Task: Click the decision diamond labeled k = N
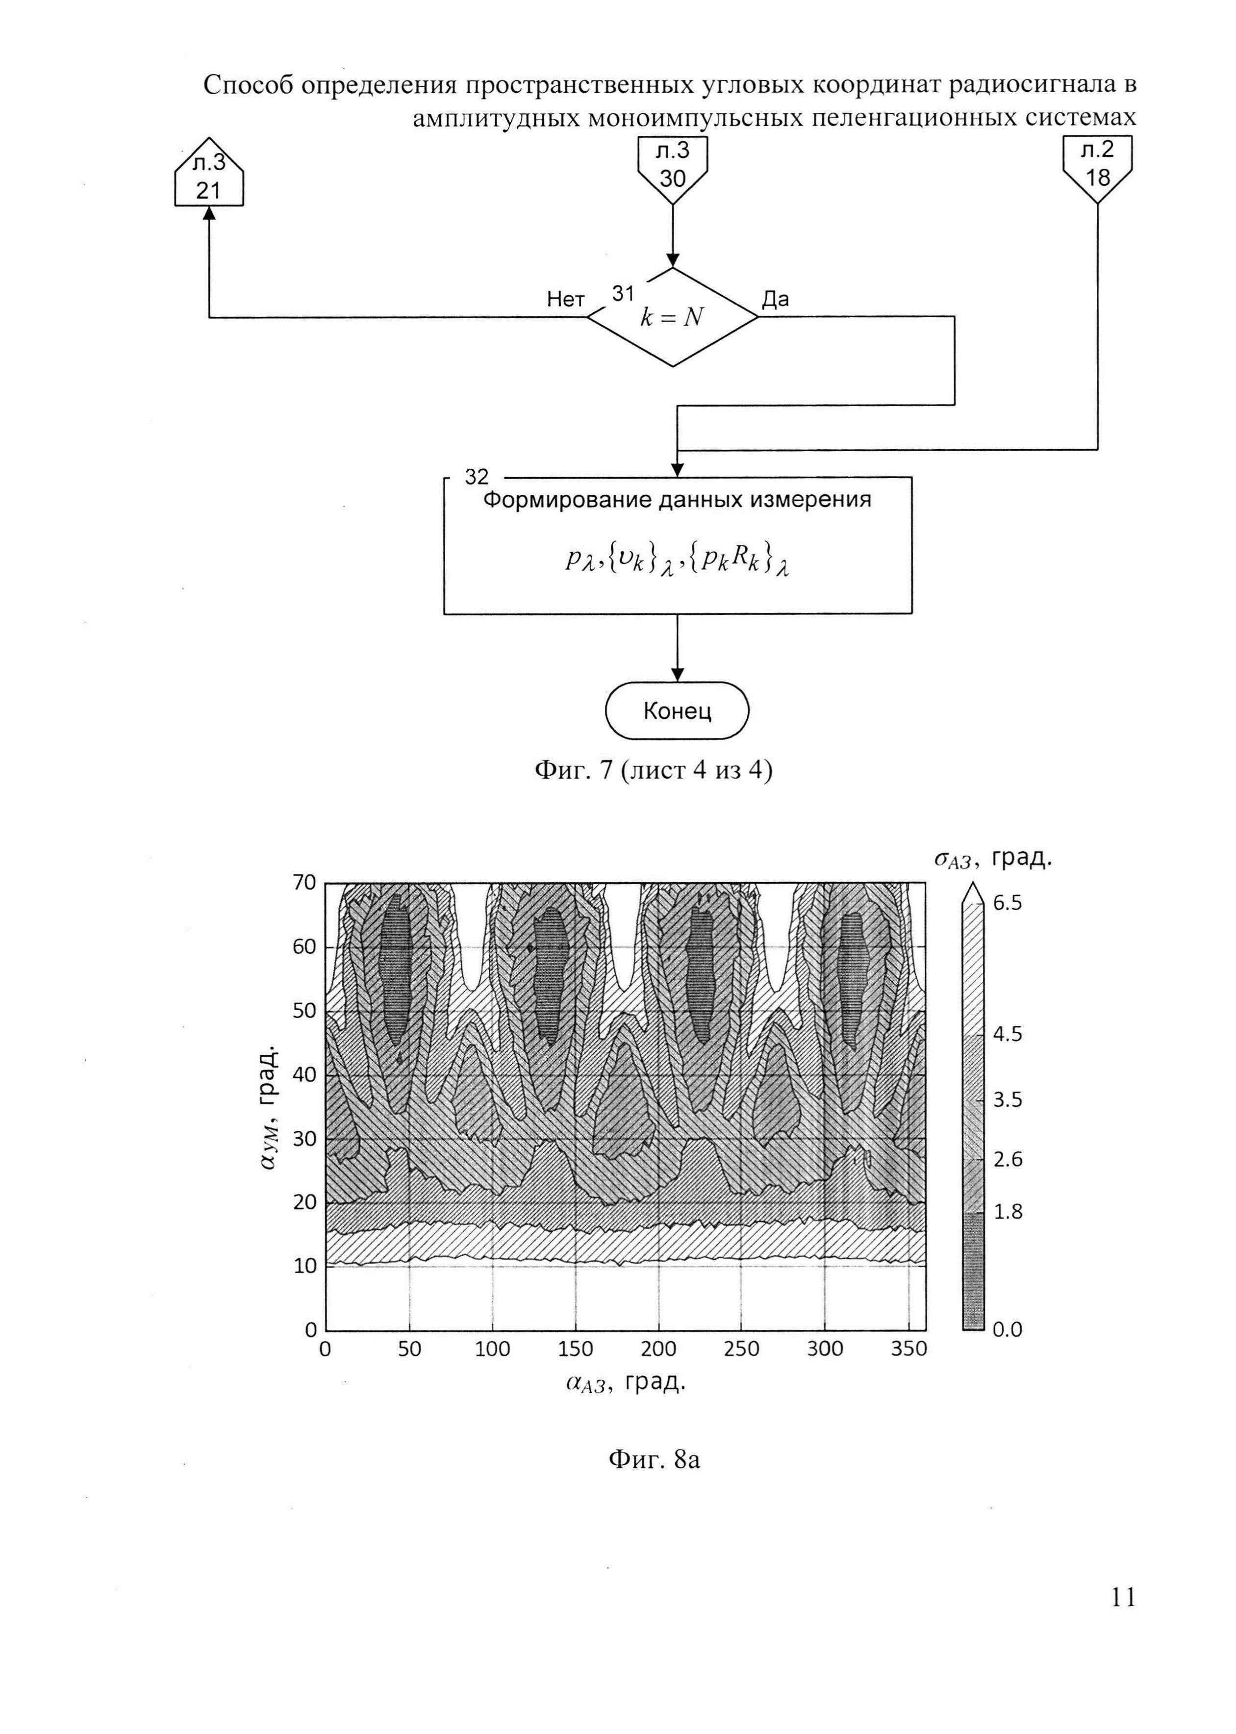click(x=672, y=317)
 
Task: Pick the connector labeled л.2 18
click(x=1097, y=166)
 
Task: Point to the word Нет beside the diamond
click(x=565, y=300)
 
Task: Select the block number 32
click(x=477, y=477)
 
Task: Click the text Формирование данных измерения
click(x=678, y=500)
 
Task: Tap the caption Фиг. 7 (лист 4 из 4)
click(x=653, y=771)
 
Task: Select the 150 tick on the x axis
click(x=576, y=1350)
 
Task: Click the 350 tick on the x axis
click(x=908, y=1350)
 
